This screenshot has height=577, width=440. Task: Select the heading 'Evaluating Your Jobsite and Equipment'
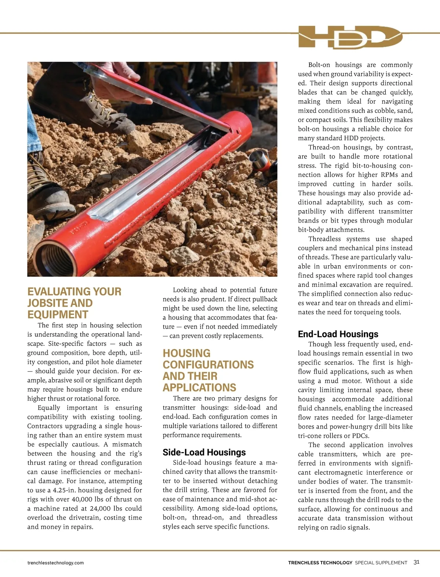(74, 303)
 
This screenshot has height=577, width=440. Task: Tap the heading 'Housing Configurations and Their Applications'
(208, 370)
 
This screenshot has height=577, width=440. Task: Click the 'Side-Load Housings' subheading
(204, 452)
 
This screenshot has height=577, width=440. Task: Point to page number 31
(417, 562)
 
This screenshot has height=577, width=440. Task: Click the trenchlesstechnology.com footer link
(55, 563)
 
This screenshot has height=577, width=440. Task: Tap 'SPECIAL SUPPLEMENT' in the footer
(381, 563)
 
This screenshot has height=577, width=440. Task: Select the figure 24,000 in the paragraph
(92, 508)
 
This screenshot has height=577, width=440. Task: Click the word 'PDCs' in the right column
(360, 436)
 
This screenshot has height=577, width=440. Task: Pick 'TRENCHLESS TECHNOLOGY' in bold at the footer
(320, 563)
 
